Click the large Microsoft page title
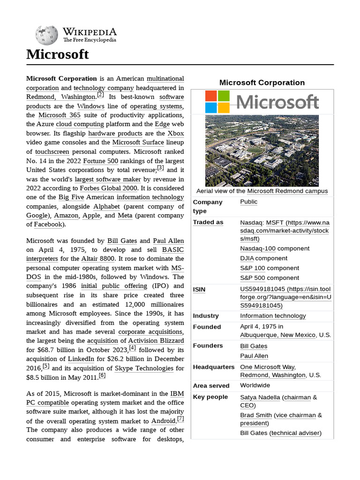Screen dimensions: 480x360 click(x=57, y=54)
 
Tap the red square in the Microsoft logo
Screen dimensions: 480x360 click(x=211, y=96)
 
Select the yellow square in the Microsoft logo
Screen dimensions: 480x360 click(x=224, y=108)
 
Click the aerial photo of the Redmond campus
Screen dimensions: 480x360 click(x=262, y=150)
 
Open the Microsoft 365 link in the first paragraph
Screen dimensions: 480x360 click(x=60, y=115)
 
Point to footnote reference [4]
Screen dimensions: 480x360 click(x=133, y=348)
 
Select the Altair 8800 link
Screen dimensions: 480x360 click(x=97, y=258)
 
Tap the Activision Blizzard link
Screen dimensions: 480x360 click(x=156, y=340)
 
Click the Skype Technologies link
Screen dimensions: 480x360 click(x=144, y=368)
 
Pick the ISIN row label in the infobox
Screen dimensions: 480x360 click(x=199, y=290)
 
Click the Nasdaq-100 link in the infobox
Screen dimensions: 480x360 click(x=257, y=248)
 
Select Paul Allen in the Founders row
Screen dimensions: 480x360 click(x=254, y=356)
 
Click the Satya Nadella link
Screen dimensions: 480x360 click(x=260, y=397)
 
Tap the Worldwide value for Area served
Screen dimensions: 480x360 click(x=255, y=385)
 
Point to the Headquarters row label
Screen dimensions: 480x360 click(x=214, y=367)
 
